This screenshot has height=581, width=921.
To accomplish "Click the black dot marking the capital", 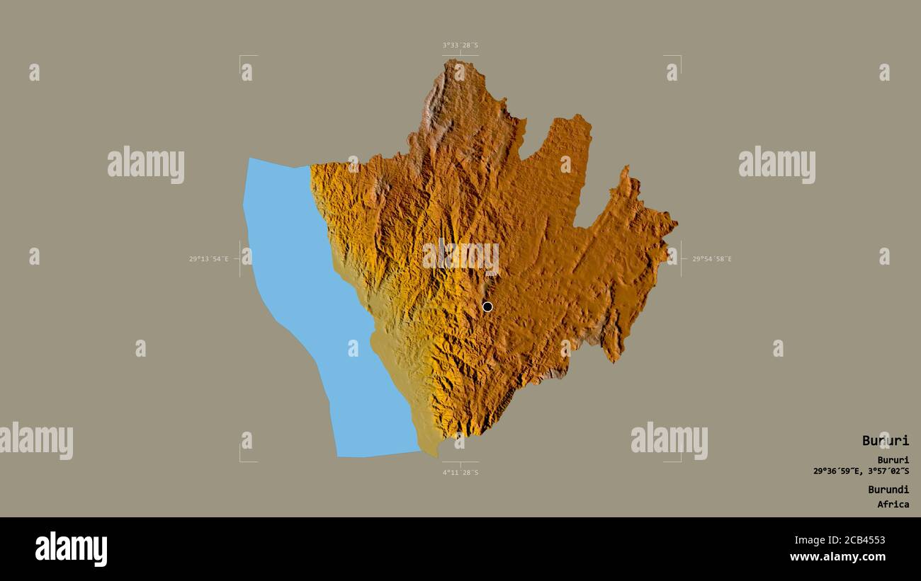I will pyautogui.click(x=487, y=306).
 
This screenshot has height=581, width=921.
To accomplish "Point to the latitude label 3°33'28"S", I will pyautogui.click(x=460, y=45).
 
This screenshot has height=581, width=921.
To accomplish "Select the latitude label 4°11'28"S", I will pyautogui.click(x=460, y=472).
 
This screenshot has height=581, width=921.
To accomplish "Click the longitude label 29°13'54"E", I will pyautogui.click(x=208, y=259).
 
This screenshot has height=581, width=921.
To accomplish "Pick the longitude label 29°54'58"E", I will pyautogui.click(x=712, y=259).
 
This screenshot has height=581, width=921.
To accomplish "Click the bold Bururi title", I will pyautogui.click(x=885, y=441).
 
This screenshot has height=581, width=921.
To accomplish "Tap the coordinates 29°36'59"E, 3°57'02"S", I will pyautogui.click(x=861, y=471).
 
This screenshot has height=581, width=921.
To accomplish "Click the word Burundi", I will pyautogui.click(x=888, y=489).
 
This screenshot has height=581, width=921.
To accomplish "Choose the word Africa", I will pyautogui.click(x=893, y=505).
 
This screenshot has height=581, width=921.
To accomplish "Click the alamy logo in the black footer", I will pyautogui.click(x=71, y=549).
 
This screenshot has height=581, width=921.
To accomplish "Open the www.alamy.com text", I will pyautogui.click(x=837, y=558).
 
